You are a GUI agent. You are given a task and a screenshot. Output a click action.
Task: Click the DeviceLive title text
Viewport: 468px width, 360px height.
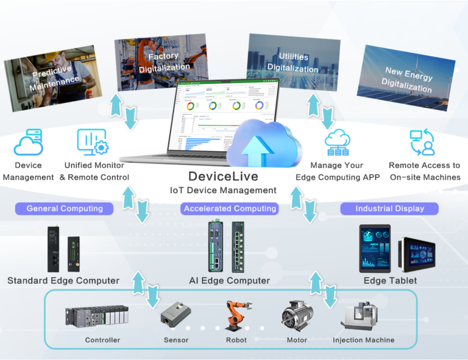point(223,177)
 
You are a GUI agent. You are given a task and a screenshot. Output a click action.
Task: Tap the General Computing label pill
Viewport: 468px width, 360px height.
point(65,208)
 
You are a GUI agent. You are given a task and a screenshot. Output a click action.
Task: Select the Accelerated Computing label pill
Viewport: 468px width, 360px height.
point(230,208)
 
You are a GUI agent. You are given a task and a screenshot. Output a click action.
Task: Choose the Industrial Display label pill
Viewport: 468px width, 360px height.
point(390,208)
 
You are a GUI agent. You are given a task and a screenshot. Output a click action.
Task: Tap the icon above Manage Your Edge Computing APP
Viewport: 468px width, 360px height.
point(337,143)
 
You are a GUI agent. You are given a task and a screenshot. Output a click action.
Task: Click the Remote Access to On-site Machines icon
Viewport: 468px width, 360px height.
point(422,143)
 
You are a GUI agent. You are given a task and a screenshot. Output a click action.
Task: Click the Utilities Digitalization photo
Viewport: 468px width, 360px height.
point(293,62)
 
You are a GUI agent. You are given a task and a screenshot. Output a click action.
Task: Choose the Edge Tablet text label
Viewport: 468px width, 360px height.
point(390,281)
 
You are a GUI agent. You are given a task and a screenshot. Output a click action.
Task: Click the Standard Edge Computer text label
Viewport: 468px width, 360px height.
point(63,281)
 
